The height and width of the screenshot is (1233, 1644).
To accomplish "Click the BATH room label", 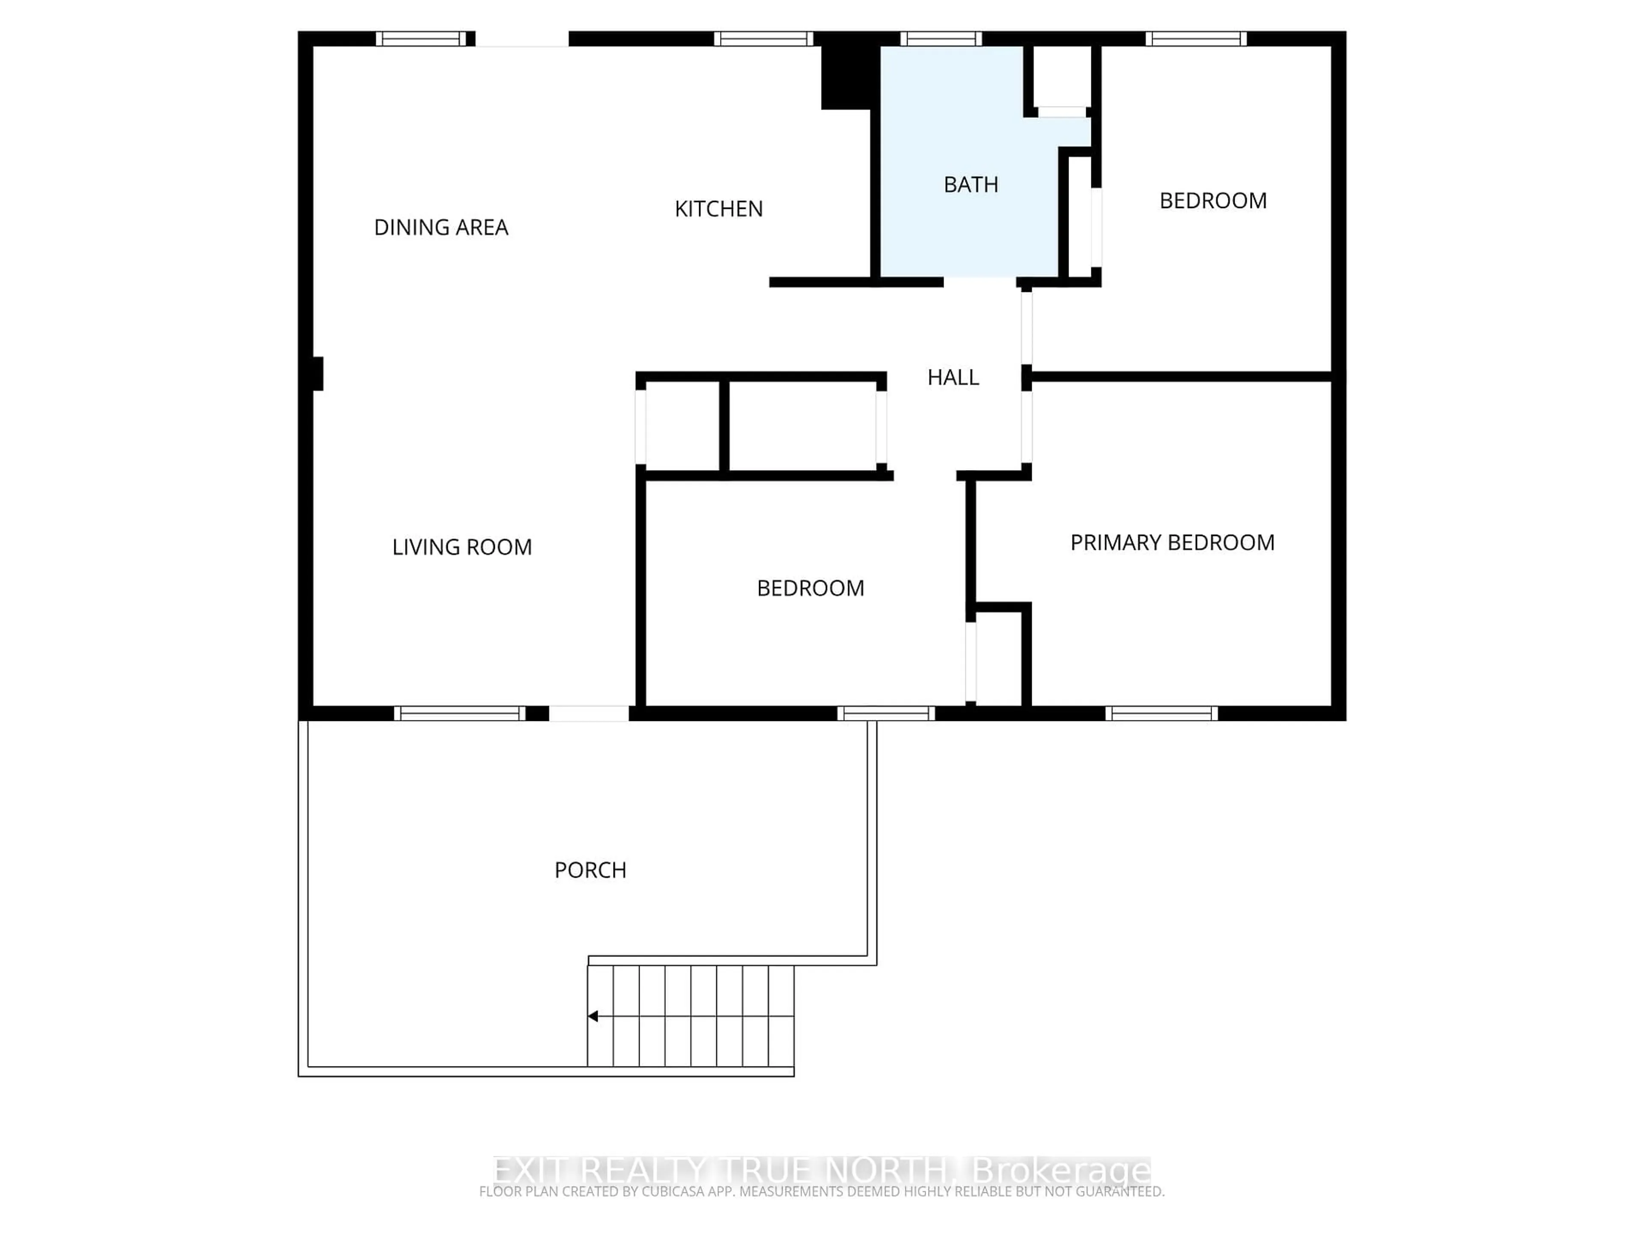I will point(971,185).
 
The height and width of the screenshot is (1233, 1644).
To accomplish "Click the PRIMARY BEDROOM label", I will point(1172,542).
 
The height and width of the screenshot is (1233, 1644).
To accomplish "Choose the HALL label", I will point(953,378).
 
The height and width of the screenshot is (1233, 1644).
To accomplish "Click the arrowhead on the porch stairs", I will point(593,1016).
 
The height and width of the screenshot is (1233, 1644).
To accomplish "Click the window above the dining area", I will point(421,39).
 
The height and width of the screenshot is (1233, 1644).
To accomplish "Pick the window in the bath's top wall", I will point(941,39).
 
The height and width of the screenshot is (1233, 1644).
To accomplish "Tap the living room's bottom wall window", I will point(459,714).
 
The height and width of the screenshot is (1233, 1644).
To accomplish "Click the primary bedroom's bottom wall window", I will point(1161,714).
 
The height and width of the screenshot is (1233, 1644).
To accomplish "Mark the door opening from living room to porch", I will point(589,714).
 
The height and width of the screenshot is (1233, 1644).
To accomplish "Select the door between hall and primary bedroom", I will point(1026,427).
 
